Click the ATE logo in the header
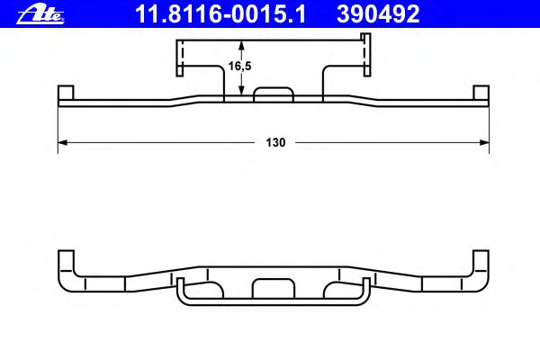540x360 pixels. (40, 14)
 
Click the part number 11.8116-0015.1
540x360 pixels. (220, 14)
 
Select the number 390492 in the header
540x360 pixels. (378, 14)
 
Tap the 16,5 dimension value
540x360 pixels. (240, 66)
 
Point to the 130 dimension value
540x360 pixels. (275, 142)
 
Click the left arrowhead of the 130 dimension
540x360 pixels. (62, 142)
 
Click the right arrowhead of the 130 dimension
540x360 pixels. (484, 142)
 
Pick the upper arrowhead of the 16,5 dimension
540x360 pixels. (241, 45)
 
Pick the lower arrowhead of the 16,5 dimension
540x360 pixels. (241, 90)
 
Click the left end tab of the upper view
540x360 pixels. (66, 93)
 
